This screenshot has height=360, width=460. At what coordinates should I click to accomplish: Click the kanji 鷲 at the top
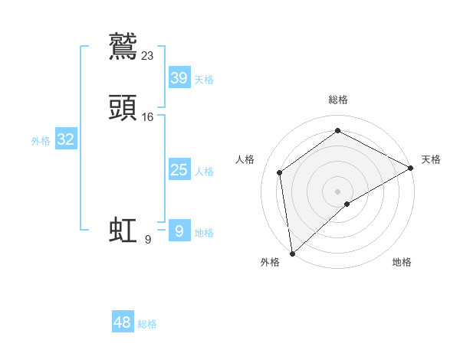[123, 45]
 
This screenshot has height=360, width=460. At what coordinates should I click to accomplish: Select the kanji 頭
[123, 106]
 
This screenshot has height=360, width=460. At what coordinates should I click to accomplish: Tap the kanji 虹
[123, 230]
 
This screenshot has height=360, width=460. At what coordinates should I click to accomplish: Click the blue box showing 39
[179, 78]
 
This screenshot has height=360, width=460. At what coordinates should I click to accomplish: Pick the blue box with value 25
[179, 170]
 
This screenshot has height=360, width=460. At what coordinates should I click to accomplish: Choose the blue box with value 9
[179, 231]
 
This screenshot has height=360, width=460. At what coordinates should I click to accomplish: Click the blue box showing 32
[65, 139]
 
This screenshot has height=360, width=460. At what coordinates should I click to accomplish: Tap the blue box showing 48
[123, 322]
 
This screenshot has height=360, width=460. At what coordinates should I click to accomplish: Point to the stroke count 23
[148, 55]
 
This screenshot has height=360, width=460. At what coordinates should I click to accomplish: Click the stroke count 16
[148, 116]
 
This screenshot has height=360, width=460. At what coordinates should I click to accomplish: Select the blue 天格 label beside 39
[204, 80]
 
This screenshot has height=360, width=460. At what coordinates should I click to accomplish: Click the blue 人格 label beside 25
[204, 172]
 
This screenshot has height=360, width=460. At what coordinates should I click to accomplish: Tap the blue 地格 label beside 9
[204, 233]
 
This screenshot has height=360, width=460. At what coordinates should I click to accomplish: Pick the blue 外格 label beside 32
[41, 141]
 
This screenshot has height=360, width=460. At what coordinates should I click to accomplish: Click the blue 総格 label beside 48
[147, 324]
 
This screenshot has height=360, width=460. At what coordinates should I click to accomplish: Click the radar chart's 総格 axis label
[338, 100]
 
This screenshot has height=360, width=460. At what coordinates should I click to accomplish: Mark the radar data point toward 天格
[410, 168]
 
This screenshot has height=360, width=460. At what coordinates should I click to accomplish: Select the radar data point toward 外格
[292, 253]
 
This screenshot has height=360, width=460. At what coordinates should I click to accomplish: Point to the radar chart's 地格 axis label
[402, 263]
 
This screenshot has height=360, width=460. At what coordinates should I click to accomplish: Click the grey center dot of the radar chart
[338, 191]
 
